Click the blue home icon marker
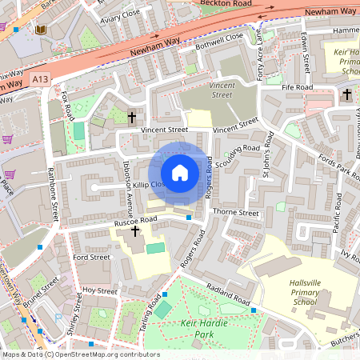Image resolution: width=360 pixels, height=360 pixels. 180,173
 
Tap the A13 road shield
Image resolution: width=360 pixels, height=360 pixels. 41,79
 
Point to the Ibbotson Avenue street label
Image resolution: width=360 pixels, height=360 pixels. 127,192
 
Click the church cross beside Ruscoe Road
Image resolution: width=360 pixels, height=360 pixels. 135,232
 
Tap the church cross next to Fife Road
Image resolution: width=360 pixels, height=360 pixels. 346,95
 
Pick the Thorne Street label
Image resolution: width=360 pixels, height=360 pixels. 238,214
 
